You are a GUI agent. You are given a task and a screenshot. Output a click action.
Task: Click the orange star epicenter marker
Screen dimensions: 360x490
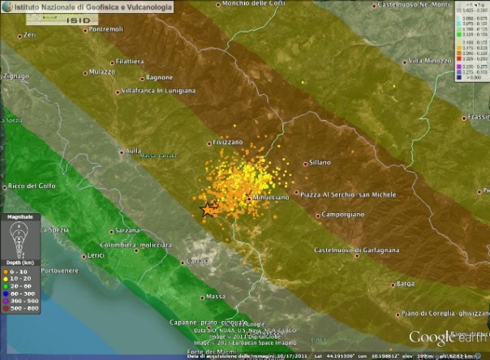coord(208,209)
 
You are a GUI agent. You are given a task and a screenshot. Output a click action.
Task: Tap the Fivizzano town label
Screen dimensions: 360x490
coord(227,142)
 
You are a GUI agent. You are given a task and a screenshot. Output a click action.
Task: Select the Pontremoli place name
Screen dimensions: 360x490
coord(105,30)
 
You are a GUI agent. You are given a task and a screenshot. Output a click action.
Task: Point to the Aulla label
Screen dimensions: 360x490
coord(130,150)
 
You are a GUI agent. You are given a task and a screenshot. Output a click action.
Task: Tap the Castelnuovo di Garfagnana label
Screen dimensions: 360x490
coord(356,250)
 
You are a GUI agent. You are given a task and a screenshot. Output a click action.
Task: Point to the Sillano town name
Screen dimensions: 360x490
coord(320,162)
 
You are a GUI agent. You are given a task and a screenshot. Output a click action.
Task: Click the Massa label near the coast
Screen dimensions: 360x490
coord(216,296)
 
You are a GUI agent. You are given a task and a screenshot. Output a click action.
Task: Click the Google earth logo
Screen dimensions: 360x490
coord(446,336)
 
